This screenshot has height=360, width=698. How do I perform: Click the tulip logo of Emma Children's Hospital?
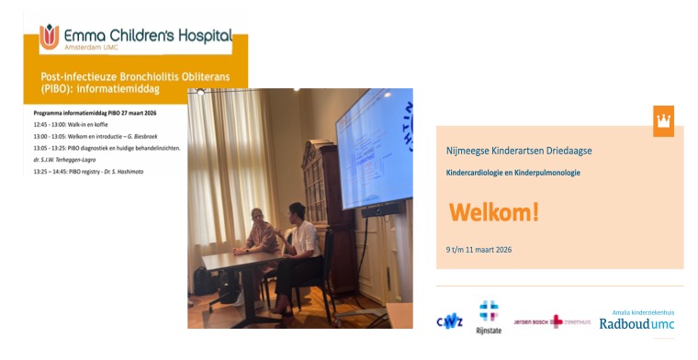pyautogui.click(x=49, y=37)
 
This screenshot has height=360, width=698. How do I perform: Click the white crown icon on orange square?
pyautogui.click(x=663, y=120)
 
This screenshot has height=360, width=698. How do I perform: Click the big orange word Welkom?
pyautogui.click(x=494, y=213)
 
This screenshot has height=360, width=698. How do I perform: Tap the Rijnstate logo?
pyautogui.click(x=490, y=318)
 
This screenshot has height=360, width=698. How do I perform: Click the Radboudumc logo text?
pyautogui.click(x=636, y=324)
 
